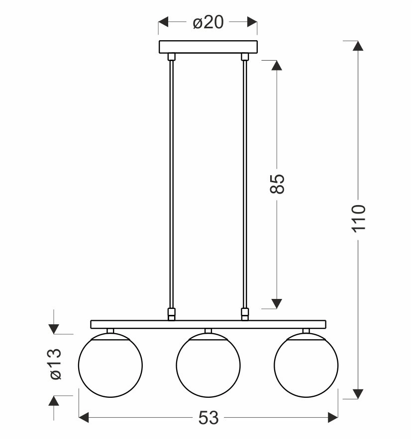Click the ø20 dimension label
[208, 22]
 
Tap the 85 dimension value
[277, 184]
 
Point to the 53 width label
[208, 418]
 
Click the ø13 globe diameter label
[55, 364]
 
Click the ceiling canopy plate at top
[208, 47]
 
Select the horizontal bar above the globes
[208, 324]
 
